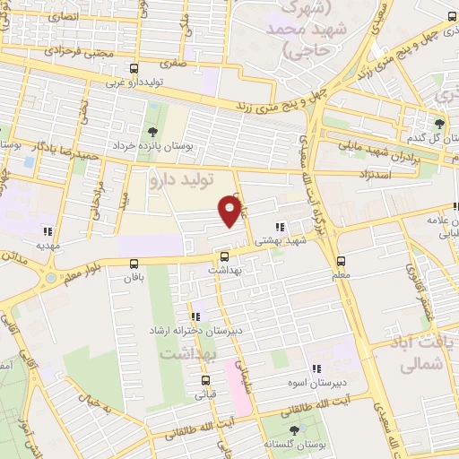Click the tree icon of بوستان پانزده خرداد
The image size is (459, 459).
click(x=148, y=131)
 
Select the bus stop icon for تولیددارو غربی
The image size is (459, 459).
click(x=134, y=69)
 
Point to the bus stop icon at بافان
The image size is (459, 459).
click(x=134, y=264)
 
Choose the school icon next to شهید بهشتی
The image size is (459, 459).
click(x=280, y=228)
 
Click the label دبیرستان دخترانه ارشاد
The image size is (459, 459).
click(x=194, y=331)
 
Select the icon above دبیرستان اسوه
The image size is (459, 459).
click(x=316, y=368)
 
